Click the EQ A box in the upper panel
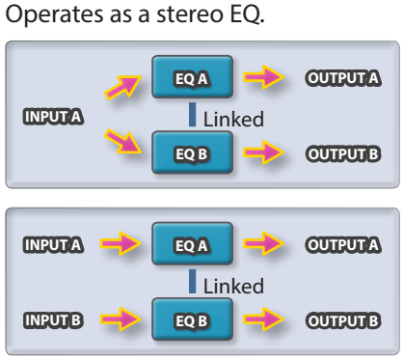click(192, 77)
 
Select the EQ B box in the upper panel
click(192, 152)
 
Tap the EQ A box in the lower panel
click(192, 243)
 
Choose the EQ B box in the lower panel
click(192, 319)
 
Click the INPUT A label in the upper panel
click(53, 117)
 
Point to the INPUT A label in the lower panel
click(53, 245)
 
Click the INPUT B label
click(53, 320)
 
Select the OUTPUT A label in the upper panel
click(343, 78)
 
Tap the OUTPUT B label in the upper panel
click(343, 154)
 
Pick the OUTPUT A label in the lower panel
click(343, 245)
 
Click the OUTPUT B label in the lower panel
click(343, 320)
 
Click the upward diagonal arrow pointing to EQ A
click(122, 87)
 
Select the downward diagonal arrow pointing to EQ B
click(122, 141)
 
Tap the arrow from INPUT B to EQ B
click(121, 319)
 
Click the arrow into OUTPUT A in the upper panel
click(263, 77)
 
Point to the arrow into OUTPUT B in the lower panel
click(263, 319)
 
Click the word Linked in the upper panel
click(233, 119)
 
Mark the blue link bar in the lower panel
click(192, 281)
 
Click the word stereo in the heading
click(192, 14)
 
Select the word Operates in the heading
click(55, 15)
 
